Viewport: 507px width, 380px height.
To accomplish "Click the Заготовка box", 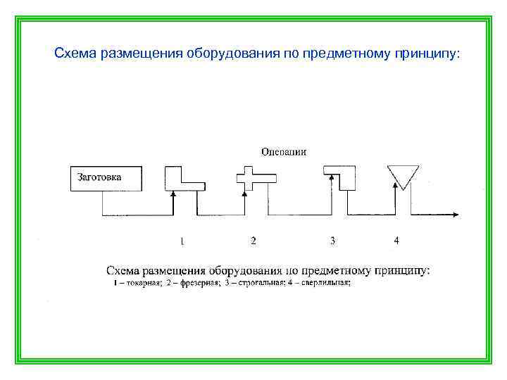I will click(105, 178).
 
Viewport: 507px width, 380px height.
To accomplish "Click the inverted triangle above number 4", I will click(403, 175).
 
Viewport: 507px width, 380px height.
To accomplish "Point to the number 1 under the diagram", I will click(182, 241).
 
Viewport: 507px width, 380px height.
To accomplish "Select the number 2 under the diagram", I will click(254, 241).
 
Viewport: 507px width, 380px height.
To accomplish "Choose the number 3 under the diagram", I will click(332, 241).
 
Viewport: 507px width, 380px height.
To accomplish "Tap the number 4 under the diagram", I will click(396, 241).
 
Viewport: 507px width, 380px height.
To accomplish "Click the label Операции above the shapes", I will click(283, 151).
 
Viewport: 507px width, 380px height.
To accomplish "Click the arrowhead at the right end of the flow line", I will click(457, 215).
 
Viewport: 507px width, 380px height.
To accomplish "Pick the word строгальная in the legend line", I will click(256, 283).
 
